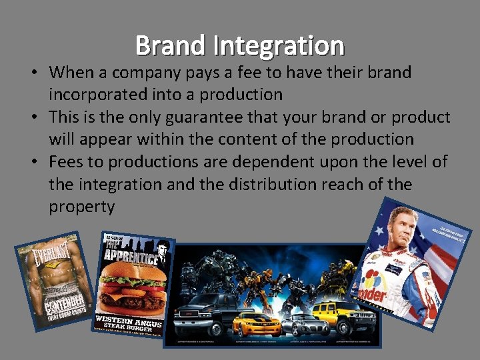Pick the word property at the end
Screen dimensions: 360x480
[81, 207]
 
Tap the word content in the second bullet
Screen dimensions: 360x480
[252, 139]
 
